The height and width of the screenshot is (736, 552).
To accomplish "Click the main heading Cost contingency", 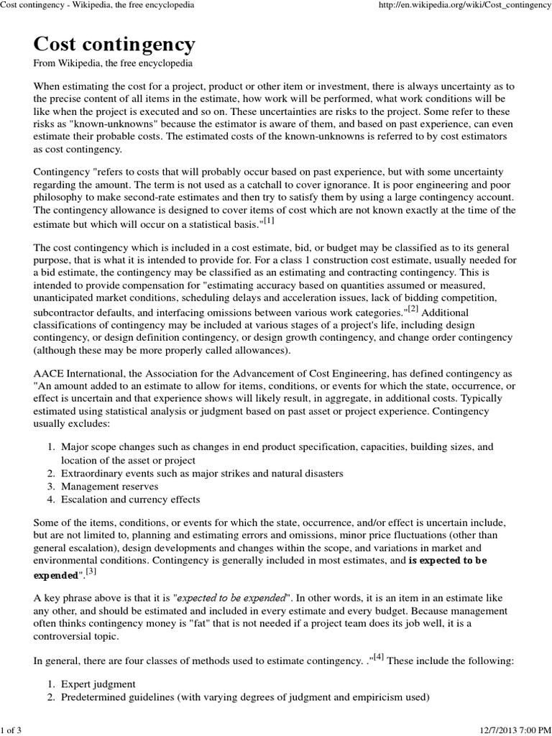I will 114,45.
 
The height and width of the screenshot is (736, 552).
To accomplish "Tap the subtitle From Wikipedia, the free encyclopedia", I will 113,64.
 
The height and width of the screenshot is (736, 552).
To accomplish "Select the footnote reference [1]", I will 269,221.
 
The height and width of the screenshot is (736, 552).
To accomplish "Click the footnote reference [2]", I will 413,310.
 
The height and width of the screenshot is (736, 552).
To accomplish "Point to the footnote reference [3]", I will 91,571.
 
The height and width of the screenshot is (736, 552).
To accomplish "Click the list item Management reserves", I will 109,486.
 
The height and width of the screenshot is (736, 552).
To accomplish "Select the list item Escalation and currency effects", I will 130,499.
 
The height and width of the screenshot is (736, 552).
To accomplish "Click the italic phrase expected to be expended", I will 231,597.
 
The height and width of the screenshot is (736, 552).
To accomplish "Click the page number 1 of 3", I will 11,730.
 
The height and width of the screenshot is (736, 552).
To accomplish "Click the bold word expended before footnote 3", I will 56,575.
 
